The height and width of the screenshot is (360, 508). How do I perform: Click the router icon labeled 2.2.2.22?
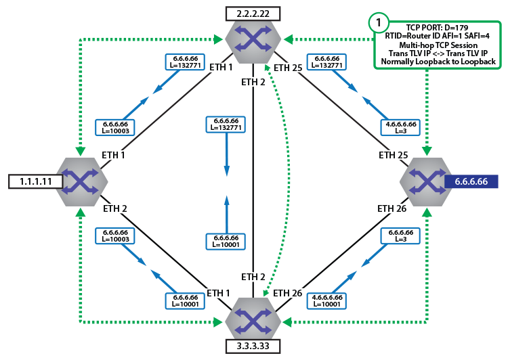click(x=254, y=41)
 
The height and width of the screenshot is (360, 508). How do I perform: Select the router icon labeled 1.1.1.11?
click(x=81, y=180)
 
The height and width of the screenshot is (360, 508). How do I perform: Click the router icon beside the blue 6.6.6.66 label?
click(x=425, y=180)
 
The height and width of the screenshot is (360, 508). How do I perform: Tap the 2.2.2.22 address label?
click(x=254, y=14)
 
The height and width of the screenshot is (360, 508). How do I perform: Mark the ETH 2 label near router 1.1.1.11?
click(x=114, y=208)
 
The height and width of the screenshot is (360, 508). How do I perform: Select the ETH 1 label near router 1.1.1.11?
click(x=114, y=155)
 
